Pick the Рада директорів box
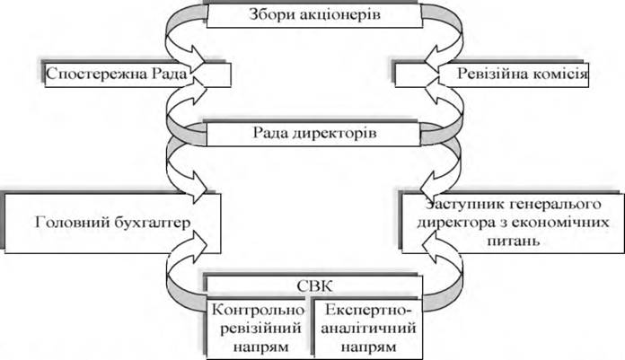click(310, 136)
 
